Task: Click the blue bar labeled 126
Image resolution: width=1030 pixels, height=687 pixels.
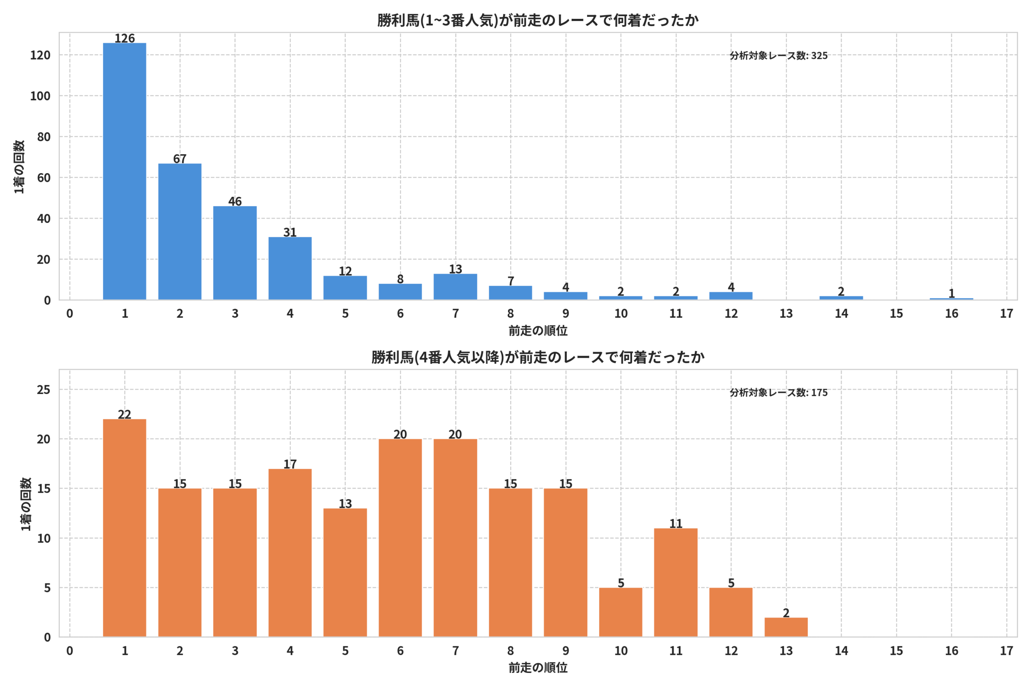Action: tap(124, 171)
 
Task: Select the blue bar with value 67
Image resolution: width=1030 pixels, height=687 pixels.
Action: tap(179, 232)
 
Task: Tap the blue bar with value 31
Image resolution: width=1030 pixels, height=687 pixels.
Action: tap(290, 268)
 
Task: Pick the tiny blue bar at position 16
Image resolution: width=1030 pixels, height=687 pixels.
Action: tap(951, 299)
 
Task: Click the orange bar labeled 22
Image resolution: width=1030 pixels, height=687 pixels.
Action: tap(124, 528)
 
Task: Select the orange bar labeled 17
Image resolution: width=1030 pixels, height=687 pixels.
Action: tap(290, 553)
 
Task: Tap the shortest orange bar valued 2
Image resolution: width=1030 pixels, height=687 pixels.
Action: tap(786, 627)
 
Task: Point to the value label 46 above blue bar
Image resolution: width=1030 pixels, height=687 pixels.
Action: tap(235, 201)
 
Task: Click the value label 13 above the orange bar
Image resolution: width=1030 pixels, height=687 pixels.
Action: tap(345, 503)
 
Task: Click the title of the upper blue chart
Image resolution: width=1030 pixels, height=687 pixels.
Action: tap(538, 20)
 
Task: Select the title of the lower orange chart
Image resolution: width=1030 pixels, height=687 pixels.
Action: tap(538, 357)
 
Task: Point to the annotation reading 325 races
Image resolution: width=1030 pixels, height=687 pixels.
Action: tap(779, 56)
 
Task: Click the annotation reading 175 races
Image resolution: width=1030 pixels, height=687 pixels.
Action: tap(779, 392)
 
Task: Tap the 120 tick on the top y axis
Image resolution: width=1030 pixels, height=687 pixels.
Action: tap(40, 55)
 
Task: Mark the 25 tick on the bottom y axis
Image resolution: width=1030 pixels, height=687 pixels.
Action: tap(44, 390)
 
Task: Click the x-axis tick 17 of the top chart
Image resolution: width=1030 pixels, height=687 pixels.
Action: tap(1006, 314)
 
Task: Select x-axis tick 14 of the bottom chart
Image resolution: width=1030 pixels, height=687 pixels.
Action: tap(841, 651)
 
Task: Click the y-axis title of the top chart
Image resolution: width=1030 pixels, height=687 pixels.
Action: tap(19, 167)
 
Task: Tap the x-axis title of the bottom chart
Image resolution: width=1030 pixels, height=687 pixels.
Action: tap(538, 668)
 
